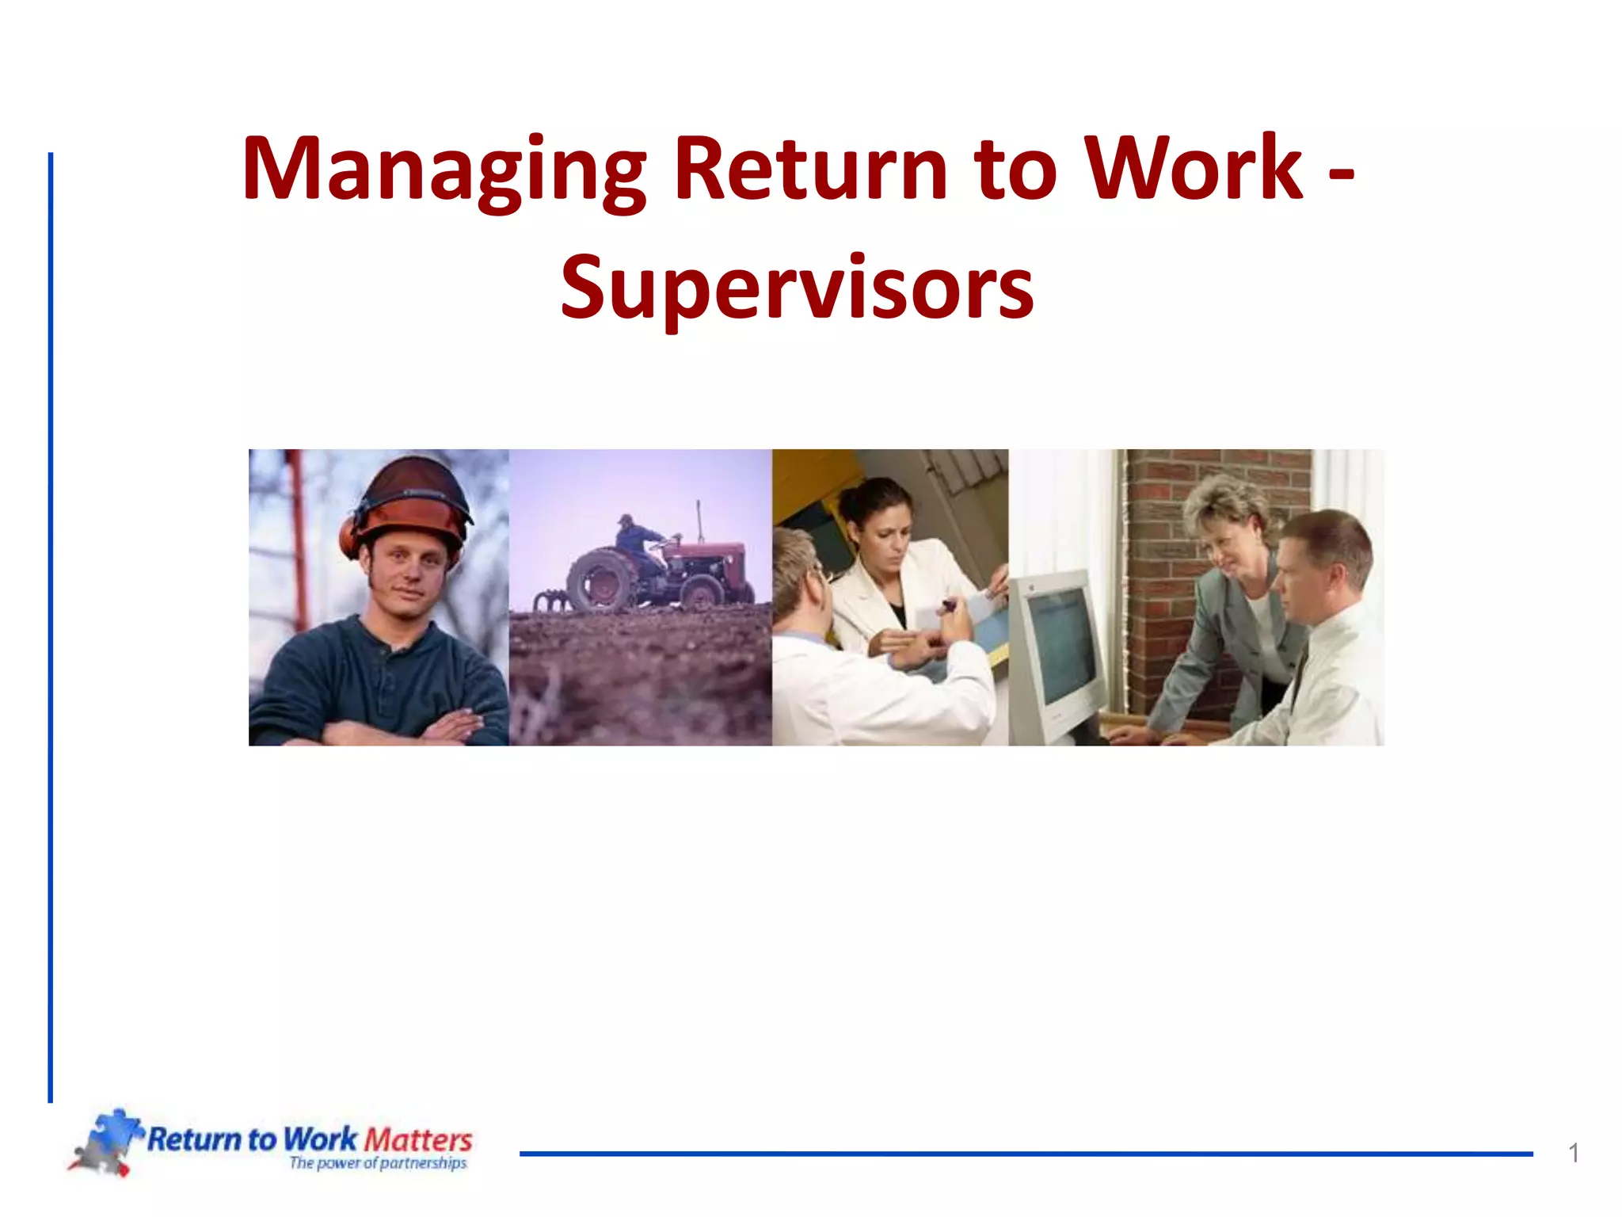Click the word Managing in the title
tap(444, 170)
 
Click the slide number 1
tap(1574, 1154)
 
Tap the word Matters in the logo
tap(418, 1140)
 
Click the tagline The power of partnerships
tap(378, 1163)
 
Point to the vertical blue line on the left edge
tap(51, 626)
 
